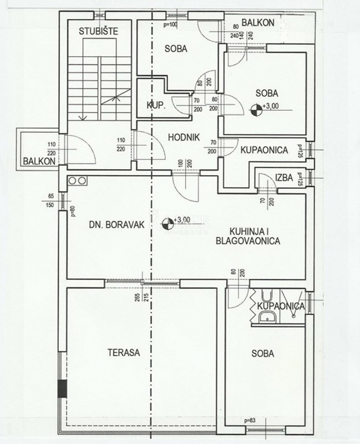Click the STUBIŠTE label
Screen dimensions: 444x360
pyautogui.click(x=93, y=30)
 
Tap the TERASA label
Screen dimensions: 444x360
pyautogui.click(x=124, y=352)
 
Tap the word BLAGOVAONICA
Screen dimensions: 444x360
pyautogui.click(x=248, y=241)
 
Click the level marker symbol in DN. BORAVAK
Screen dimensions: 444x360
pyautogui.click(x=167, y=224)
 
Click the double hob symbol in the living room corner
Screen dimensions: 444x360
pyautogui.click(x=77, y=180)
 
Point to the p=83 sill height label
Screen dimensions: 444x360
pyautogui.click(x=249, y=420)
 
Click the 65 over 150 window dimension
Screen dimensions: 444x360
pyautogui.click(x=51, y=201)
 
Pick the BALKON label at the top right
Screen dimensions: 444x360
pyautogui.click(x=258, y=23)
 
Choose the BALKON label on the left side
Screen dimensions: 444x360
pyautogui.click(x=39, y=161)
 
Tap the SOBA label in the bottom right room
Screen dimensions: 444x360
pyautogui.click(x=263, y=353)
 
